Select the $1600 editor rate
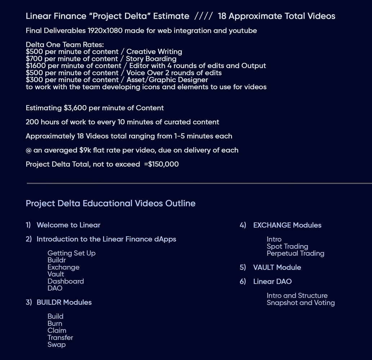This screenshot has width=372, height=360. pos(35,66)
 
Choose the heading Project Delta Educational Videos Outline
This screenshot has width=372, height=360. pos(111,203)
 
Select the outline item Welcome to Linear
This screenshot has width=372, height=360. pos(68,225)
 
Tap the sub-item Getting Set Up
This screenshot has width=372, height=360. pos(71,253)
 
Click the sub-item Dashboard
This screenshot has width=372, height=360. pos(66,282)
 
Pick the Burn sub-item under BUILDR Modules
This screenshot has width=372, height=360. pos(55,324)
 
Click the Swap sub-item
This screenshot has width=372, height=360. pos(57,345)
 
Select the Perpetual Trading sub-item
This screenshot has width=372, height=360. pos(295,253)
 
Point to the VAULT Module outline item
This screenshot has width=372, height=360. pos(277,267)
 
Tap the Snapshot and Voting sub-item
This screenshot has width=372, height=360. pos(301,303)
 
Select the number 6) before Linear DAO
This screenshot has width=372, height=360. pos(243,282)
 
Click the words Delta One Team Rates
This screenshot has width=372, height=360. pos(65,45)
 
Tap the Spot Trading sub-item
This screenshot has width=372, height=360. pos(287,247)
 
